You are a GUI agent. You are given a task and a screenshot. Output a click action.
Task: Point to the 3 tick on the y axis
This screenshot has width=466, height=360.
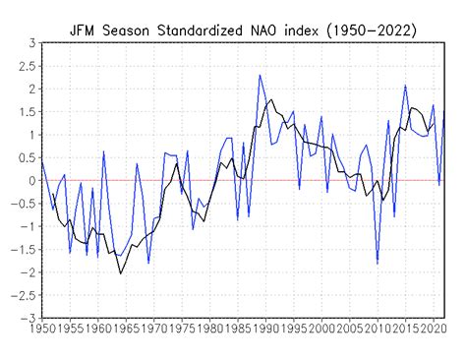[30, 43]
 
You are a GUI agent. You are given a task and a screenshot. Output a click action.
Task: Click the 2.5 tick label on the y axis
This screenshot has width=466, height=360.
[26, 66]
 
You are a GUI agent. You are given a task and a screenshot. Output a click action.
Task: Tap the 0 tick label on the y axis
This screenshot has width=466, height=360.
[30, 181]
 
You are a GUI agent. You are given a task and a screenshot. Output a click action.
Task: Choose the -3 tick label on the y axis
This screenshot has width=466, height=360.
[27, 319]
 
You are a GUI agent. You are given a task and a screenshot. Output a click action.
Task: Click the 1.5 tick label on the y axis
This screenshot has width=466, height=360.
[26, 112]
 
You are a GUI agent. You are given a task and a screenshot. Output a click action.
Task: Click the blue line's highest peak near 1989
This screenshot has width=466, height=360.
[261, 75]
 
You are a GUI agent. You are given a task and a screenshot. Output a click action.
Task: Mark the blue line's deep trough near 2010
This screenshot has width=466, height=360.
[377, 264]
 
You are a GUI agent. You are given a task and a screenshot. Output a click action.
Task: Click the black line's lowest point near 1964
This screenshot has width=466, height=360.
[120, 272]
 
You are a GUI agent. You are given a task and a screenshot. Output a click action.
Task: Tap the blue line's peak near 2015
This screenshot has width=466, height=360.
[405, 86]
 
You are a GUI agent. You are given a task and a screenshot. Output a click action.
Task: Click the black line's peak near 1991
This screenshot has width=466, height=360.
[270, 99]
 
